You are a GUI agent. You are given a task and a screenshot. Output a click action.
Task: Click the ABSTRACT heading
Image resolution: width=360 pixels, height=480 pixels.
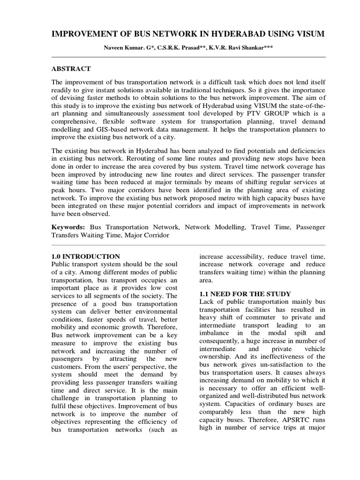71,68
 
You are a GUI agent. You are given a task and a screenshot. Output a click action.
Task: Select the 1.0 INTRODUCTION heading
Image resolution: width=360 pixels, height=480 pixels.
85,256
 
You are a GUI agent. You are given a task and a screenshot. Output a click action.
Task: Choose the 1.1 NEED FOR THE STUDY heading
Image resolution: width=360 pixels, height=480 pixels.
245,293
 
